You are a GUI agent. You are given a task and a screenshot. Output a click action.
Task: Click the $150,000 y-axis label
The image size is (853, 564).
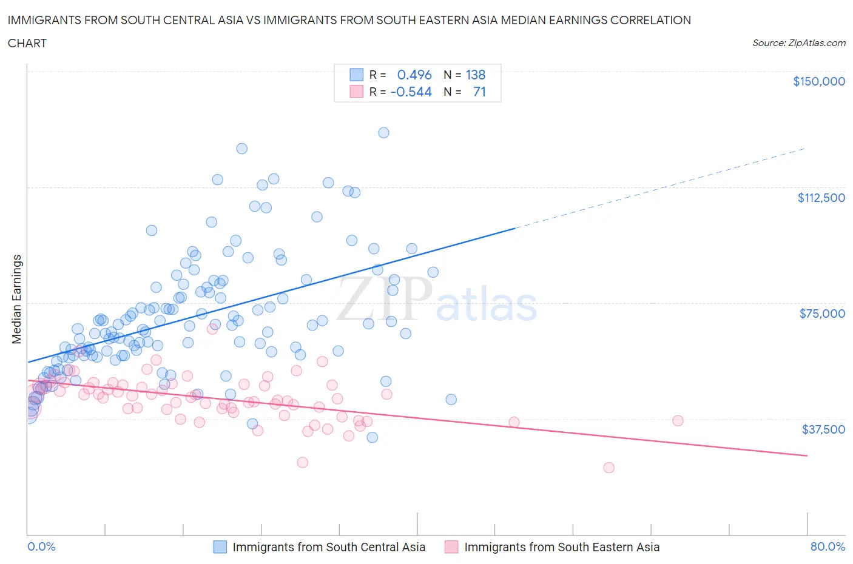(818, 81)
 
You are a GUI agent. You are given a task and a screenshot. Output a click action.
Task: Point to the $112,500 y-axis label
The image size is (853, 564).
(821, 197)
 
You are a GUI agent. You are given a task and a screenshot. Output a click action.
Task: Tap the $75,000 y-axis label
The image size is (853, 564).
(821, 313)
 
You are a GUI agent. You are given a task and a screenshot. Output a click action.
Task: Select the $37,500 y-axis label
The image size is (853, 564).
(823, 429)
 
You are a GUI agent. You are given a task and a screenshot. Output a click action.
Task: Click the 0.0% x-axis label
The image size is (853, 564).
(41, 546)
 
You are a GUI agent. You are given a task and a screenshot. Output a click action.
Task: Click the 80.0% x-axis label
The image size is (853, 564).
(828, 546)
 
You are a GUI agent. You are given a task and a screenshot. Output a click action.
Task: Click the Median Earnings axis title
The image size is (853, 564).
(17, 299)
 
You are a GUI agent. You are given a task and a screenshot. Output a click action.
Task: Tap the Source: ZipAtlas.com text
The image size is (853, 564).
(798, 43)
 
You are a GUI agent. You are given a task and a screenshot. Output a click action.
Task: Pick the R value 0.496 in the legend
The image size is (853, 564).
(414, 75)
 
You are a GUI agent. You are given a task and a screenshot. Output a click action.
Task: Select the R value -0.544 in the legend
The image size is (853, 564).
(411, 92)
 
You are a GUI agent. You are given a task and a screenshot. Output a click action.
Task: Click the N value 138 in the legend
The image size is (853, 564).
(475, 75)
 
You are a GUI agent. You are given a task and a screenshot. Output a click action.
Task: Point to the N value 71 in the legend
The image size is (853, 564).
(479, 92)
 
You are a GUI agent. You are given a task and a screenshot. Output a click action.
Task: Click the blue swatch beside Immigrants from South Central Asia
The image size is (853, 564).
(220, 547)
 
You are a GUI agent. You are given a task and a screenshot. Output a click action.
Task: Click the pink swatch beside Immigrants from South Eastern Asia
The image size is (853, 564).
(451, 547)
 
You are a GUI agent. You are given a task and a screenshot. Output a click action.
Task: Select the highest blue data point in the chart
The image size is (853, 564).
(383, 132)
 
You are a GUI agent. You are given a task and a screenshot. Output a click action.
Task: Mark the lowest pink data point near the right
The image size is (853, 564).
(609, 468)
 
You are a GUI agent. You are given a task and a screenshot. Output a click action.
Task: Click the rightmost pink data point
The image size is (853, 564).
(678, 420)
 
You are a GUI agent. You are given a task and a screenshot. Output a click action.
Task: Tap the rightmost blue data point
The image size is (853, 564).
(451, 399)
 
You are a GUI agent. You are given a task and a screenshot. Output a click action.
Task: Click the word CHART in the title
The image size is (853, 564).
(27, 43)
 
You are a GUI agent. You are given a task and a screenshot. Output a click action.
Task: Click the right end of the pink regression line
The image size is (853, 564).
(807, 455)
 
